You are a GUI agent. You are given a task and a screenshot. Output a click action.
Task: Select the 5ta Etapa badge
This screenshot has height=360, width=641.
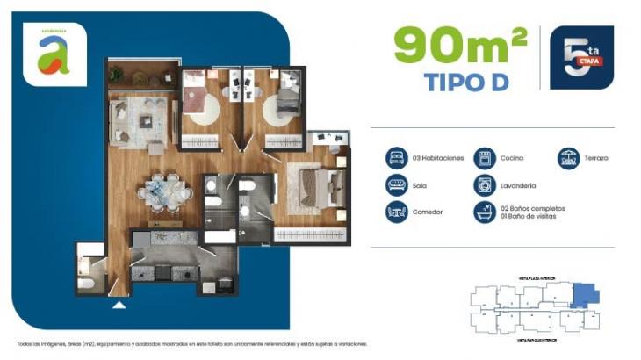click(580, 57)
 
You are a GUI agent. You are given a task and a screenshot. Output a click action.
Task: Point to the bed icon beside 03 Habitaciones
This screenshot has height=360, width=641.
click(396, 158)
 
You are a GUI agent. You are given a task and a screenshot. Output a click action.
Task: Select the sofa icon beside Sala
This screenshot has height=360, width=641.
click(396, 185)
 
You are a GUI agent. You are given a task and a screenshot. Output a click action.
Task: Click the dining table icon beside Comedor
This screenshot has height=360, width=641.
click(396, 212)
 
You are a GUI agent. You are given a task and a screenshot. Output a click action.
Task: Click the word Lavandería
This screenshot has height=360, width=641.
click(518, 185)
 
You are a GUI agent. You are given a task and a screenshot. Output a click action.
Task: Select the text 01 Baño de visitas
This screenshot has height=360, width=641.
click(528, 216)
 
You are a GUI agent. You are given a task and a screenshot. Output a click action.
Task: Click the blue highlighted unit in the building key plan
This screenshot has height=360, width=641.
click(582, 295)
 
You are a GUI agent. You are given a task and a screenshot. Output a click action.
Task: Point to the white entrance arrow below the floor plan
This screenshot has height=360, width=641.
click(119, 306)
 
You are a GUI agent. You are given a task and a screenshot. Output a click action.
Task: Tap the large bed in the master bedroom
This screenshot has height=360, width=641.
click(313, 185)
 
